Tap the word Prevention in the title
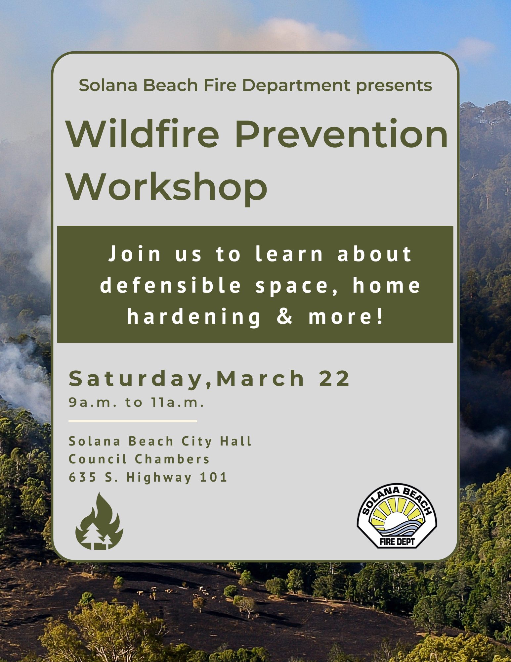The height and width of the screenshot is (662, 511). click(x=341, y=133)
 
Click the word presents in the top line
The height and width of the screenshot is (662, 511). click(x=394, y=86)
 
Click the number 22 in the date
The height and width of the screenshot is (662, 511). click(x=334, y=378)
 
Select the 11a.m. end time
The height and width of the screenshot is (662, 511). click(x=178, y=402)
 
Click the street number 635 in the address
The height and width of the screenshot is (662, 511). click(x=83, y=477)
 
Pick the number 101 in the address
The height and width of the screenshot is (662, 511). click(x=213, y=477)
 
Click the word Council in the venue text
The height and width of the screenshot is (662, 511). click(x=98, y=459)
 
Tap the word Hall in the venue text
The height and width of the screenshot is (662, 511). click(x=236, y=441)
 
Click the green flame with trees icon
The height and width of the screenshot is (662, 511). click(x=100, y=521)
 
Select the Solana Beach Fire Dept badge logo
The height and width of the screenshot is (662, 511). click(x=397, y=516)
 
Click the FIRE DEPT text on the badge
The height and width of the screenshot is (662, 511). click(x=397, y=542)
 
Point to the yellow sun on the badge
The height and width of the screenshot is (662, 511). click(x=397, y=511)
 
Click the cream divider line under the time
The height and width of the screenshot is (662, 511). click(x=133, y=421)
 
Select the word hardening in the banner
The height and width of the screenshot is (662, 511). click(x=194, y=317)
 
